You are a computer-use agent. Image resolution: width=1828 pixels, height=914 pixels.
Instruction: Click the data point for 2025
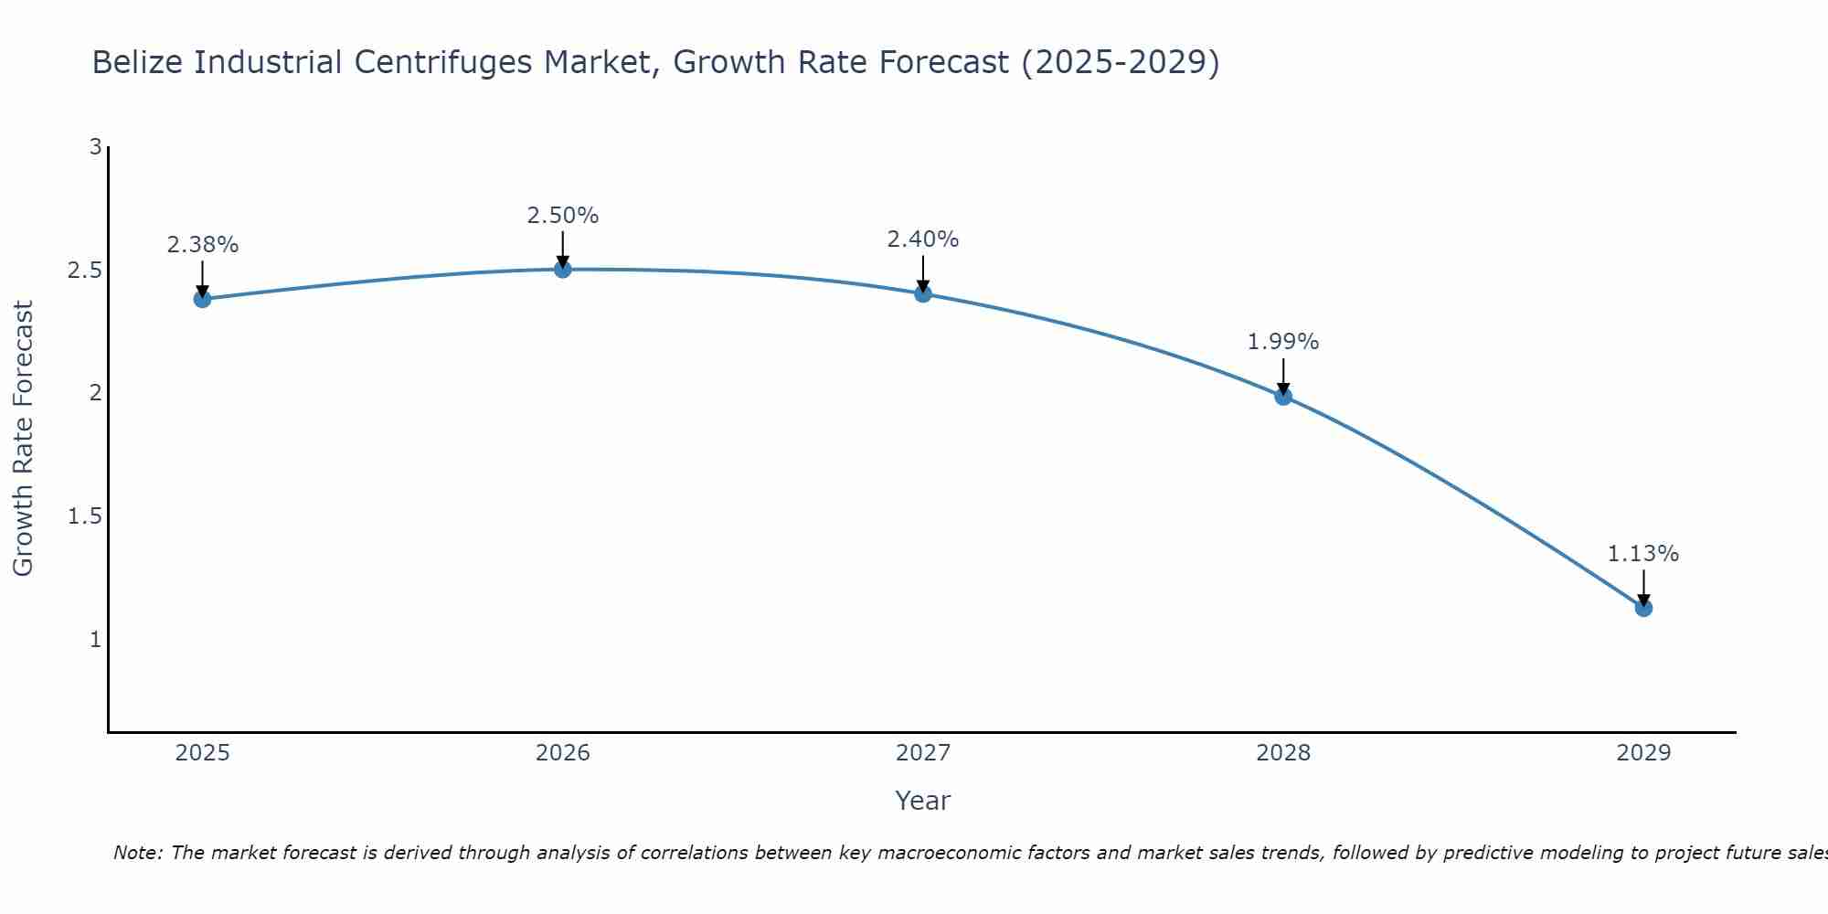203,299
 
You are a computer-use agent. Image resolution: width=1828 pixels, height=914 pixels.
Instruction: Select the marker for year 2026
563,269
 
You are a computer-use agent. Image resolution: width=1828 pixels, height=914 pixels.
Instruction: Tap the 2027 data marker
923,293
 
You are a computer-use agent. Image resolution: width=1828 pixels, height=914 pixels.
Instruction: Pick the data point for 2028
1283,396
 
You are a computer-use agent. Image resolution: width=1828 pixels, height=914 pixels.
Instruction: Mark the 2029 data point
1643,608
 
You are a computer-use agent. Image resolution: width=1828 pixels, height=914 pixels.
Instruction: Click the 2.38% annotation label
203,245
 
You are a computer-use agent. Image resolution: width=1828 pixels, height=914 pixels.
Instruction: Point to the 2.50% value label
563,216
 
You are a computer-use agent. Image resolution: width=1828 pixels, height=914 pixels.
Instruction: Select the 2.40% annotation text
923,239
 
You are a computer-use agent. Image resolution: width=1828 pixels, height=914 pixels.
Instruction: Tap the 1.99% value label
1283,342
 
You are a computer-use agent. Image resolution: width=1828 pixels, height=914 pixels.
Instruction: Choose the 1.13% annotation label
1643,554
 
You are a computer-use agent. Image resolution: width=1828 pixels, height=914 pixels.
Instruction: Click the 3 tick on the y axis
95,147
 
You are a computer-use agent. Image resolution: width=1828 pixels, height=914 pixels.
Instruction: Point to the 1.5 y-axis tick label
84,516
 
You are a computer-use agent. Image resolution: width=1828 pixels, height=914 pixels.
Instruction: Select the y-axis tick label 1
95,640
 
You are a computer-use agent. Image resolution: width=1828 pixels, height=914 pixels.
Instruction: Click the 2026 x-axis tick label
563,753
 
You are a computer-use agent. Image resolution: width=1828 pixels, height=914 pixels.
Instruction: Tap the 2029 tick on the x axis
1643,753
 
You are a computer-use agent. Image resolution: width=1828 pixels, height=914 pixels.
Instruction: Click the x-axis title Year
923,801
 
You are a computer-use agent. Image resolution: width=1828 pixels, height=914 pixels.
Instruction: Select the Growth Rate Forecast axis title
24,439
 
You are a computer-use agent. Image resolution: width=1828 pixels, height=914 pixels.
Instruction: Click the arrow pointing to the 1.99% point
1283,375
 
